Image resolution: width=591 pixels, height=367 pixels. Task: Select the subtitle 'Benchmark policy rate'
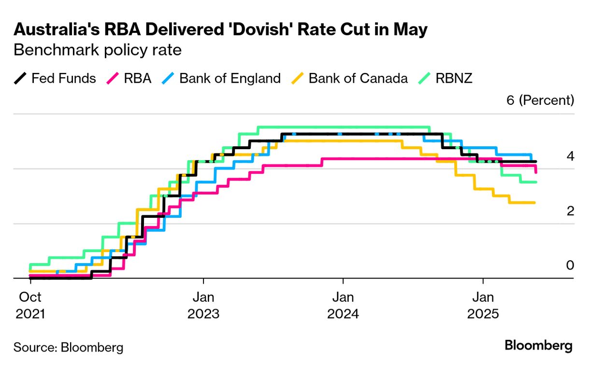pos(98,50)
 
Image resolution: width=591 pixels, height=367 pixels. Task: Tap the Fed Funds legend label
pos(64,78)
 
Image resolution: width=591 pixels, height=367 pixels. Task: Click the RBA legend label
pos(138,78)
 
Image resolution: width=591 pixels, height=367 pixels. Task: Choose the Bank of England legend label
pos(230,78)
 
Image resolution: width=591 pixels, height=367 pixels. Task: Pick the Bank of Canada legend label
pos(358,78)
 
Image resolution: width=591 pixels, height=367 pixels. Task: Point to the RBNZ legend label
pos(454,78)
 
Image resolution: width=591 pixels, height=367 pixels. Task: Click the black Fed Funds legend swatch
pos(20,78)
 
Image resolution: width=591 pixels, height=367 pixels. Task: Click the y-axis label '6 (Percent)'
pos(540,100)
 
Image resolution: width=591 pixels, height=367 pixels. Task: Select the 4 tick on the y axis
pos(570,156)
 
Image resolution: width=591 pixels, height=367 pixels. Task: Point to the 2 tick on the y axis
pos(570,211)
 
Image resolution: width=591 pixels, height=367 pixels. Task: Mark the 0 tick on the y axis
pos(570,265)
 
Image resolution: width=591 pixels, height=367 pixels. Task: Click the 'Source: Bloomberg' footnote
pos(68,347)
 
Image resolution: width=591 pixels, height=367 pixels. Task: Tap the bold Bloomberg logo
pos(539,346)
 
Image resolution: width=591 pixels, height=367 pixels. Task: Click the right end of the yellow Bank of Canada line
pos(534,203)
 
